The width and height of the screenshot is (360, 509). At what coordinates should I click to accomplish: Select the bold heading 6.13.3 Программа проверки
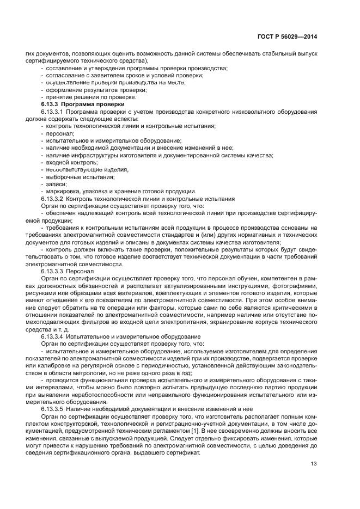83,103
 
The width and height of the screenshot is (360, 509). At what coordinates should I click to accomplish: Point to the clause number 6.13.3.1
53,111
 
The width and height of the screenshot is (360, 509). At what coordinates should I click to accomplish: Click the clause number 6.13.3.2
53,199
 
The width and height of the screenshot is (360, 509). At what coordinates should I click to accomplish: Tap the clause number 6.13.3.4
53,336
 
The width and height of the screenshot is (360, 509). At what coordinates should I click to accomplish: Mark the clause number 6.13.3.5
53,408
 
